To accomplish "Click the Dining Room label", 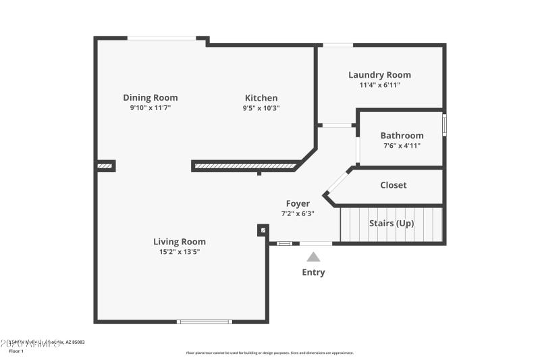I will coord(150,97).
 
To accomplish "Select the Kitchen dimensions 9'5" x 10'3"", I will coord(261,108).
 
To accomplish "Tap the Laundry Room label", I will coord(379,75).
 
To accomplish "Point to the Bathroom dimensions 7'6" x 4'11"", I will coord(402,146).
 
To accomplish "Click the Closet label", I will coord(393,185).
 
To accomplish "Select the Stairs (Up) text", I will coord(391,223).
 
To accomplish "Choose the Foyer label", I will coord(298,203).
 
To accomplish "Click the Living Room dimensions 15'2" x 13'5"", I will coord(179,252).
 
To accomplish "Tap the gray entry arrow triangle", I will coord(313,257).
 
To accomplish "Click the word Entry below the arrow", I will coord(313,272).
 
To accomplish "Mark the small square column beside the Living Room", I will coord(262,230).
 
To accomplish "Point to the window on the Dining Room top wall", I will coord(162,38).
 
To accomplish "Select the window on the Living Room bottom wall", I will coord(205,322).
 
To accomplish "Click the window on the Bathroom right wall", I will coord(444,125).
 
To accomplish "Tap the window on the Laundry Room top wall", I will coord(337,45).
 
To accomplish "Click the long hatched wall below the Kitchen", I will coord(245,165).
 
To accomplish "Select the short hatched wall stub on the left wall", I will coord(105,165).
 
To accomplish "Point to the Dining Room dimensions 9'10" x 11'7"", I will coord(150,108).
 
